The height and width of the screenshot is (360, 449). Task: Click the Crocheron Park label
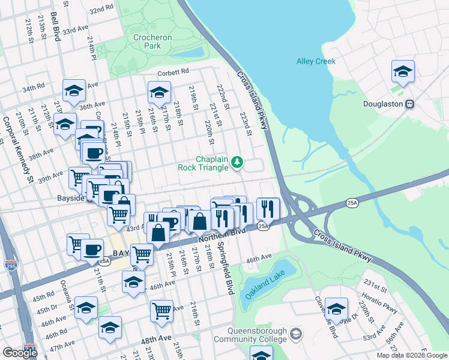(152, 41)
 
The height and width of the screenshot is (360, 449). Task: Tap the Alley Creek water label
(316, 61)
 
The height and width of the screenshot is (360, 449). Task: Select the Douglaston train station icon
(411, 104)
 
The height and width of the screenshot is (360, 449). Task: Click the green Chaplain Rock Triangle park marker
(238, 161)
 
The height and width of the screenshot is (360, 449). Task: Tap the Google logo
(20, 353)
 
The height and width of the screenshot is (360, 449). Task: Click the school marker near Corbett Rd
(159, 92)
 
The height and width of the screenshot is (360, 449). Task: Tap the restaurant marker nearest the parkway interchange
(268, 208)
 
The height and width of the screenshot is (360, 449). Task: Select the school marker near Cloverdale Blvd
(336, 309)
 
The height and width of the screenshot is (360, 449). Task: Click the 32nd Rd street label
(101, 10)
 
